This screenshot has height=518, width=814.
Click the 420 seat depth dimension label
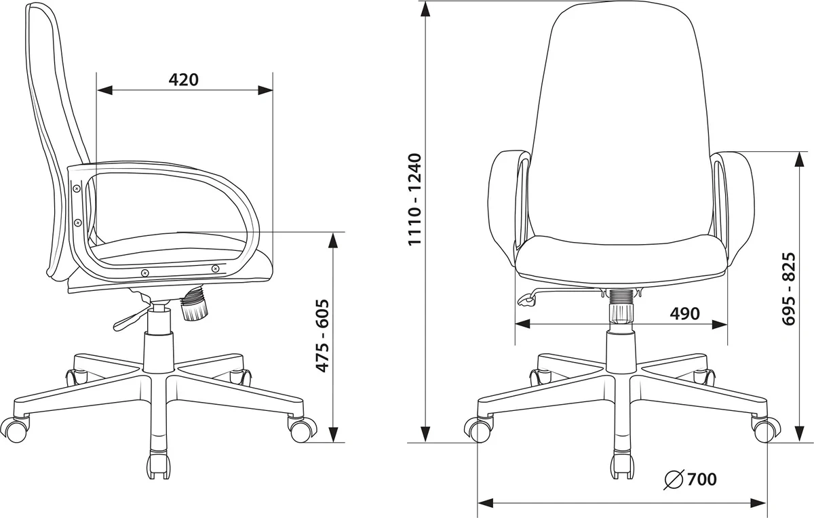[x=184, y=80]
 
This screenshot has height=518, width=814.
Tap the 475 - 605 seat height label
[x=323, y=336]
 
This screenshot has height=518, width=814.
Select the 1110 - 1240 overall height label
[x=414, y=199]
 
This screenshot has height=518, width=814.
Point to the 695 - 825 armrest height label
[x=789, y=289]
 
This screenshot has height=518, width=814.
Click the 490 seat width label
[x=684, y=313]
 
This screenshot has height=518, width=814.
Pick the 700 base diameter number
[x=701, y=479]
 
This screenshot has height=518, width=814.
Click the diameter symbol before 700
[x=674, y=479]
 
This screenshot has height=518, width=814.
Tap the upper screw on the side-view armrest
[x=77, y=188]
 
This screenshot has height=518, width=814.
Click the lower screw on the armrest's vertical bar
[x=77, y=222]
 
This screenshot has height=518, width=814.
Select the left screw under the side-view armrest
[x=145, y=273]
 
